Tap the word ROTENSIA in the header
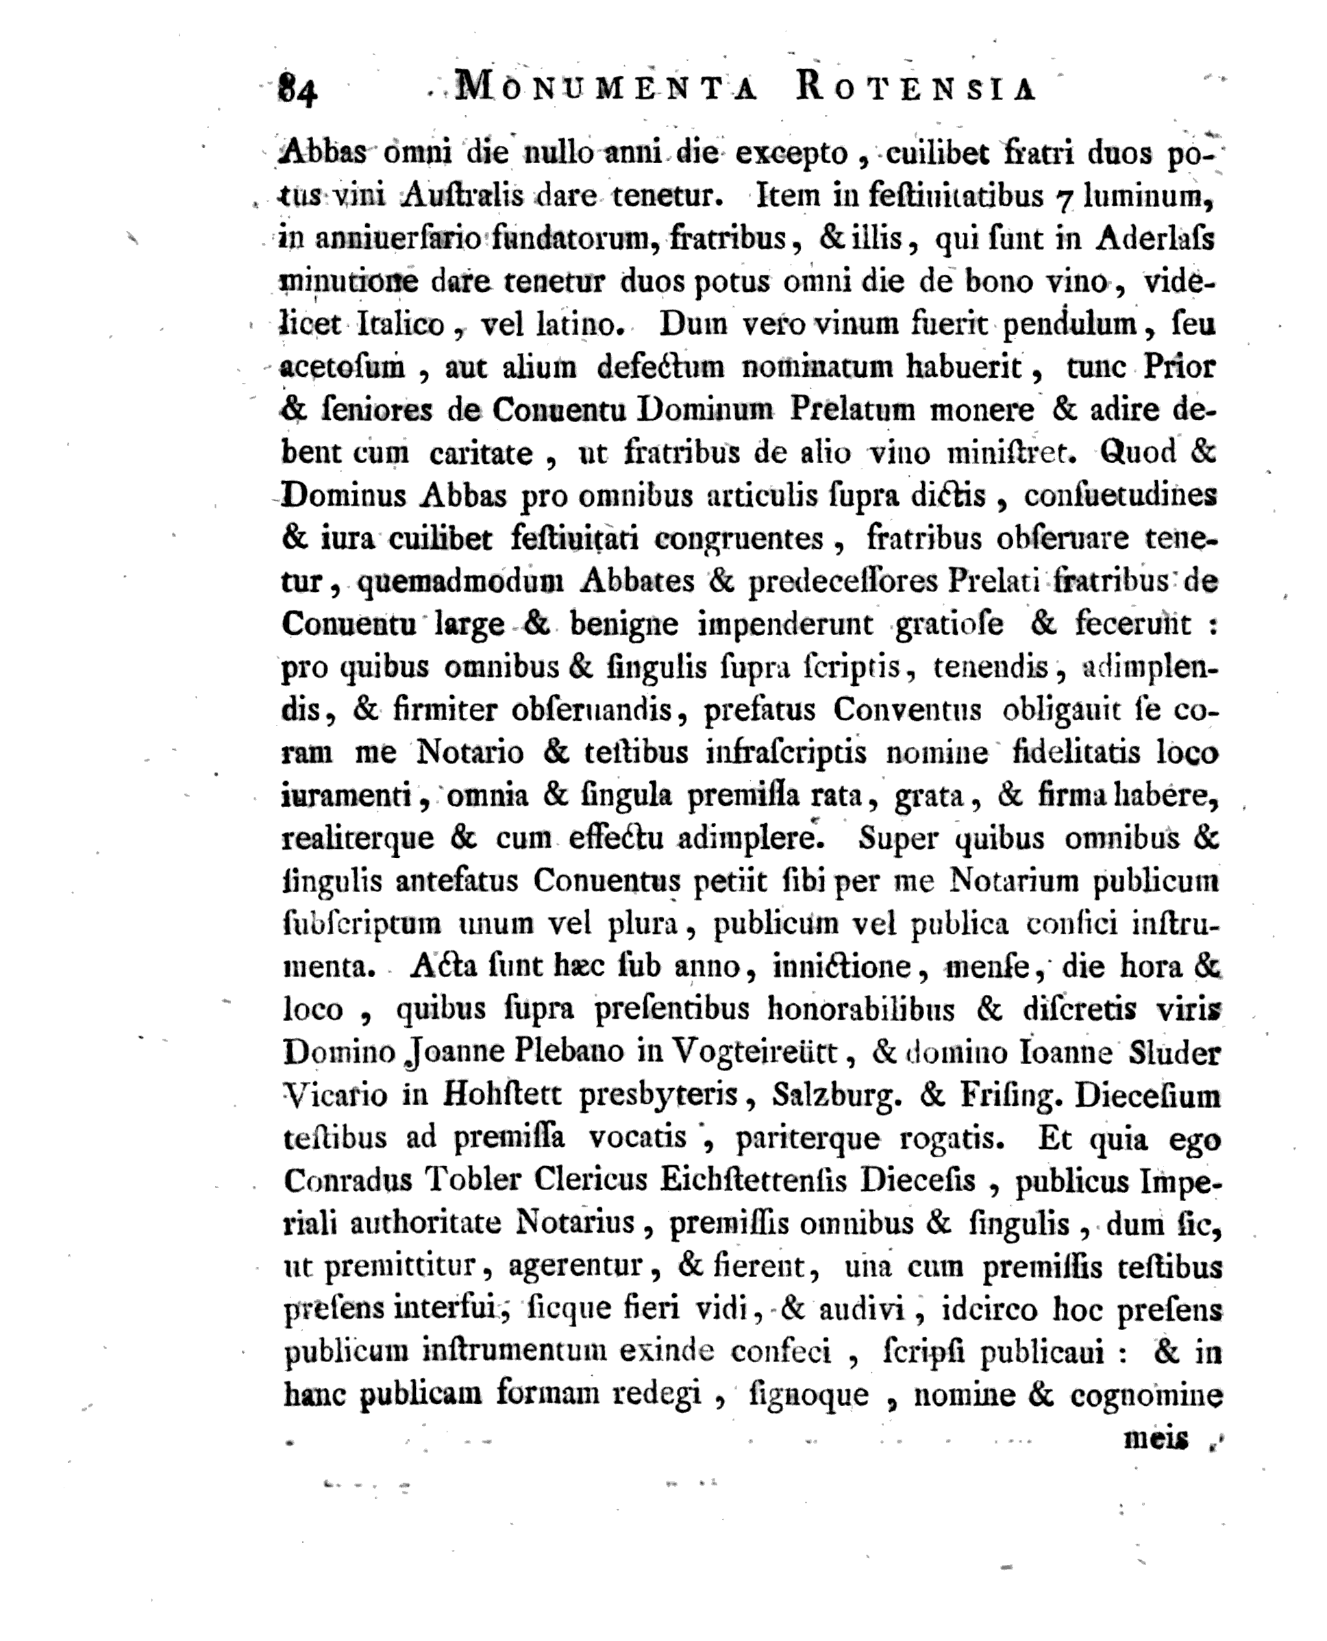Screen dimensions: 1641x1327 click(x=916, y=88)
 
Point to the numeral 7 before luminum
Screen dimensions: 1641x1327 click(x=1063, y=198)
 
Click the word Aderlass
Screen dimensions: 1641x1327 click(x=1154, y=239)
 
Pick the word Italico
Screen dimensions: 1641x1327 click(x=401, y=325)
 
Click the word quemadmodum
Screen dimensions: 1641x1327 click(x=460, y=582)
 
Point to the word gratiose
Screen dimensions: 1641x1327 click(x=950, y=625)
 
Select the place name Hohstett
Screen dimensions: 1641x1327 click(x=502, y=1096)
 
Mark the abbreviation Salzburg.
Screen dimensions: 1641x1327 click(x=837, y=1096)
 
